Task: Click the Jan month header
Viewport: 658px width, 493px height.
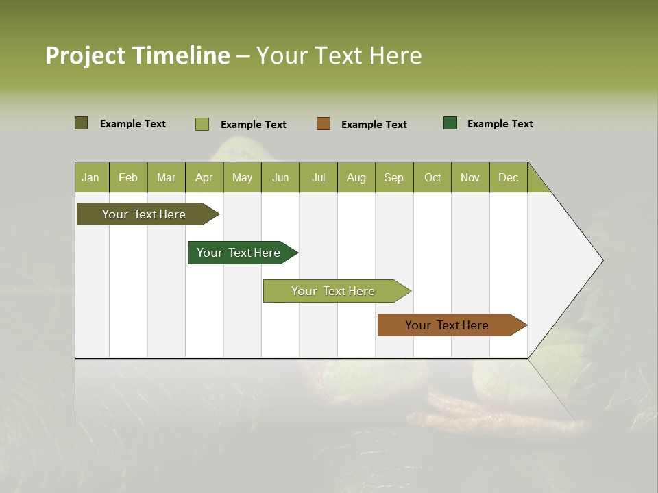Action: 91,177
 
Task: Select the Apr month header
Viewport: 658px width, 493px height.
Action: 204,177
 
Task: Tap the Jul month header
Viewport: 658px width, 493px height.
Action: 318,177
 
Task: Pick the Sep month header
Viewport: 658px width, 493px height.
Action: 394,177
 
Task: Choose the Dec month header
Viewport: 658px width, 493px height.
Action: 508,177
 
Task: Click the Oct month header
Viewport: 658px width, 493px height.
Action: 432,177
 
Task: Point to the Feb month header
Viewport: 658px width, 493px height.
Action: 128,177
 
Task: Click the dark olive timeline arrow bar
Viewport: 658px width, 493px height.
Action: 144,214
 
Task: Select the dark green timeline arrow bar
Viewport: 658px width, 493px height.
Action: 239,253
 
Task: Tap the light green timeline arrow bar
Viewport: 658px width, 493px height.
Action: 333,291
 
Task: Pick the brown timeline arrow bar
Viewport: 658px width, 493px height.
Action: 447,325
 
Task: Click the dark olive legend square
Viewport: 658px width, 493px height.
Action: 81,123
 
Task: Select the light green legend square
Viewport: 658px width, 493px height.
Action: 202,124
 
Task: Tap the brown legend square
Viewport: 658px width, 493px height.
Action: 324,124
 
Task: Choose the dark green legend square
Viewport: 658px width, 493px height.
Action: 450,123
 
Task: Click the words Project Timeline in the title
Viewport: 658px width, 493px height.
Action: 137,55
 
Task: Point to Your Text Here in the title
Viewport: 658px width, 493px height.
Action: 339,55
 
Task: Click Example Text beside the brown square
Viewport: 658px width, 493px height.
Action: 374,125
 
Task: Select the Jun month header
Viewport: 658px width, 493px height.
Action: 280,177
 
